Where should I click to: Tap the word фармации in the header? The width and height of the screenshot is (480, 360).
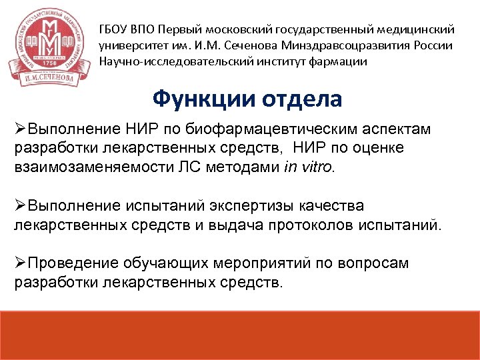pos(337,62)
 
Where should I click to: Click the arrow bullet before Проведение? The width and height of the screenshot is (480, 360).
pos(19,263)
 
